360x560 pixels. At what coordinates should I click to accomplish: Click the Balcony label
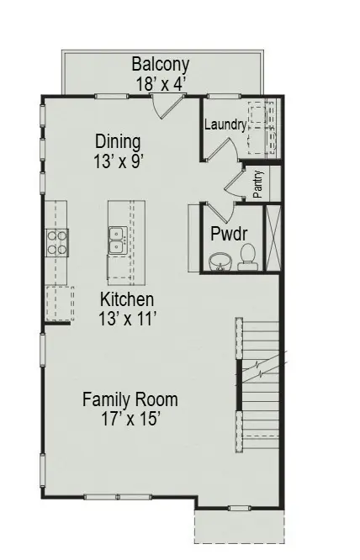[x=161, y=65]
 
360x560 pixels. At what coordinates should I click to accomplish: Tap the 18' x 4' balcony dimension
[x=161, y=83]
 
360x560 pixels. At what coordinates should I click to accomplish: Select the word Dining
[x=117, y=141]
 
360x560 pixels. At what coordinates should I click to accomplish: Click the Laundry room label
[x=225, y=125]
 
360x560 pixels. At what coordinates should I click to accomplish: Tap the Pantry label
[x=258, y=184]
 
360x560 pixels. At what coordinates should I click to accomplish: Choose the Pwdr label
[x=228, y=233]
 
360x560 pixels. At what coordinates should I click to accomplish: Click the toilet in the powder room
[x=247, y=254]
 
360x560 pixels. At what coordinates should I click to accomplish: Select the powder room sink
[x=219, y=261]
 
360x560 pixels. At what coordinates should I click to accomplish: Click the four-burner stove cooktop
[x=57, y=242]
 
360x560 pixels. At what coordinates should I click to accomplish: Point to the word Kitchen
[x=127, y=299]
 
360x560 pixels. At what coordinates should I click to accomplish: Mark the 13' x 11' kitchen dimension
[x=127, y=318]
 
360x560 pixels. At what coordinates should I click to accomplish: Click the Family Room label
[x=130, y=399]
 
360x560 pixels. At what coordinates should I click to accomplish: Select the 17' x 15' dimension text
[x=130, y=418]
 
